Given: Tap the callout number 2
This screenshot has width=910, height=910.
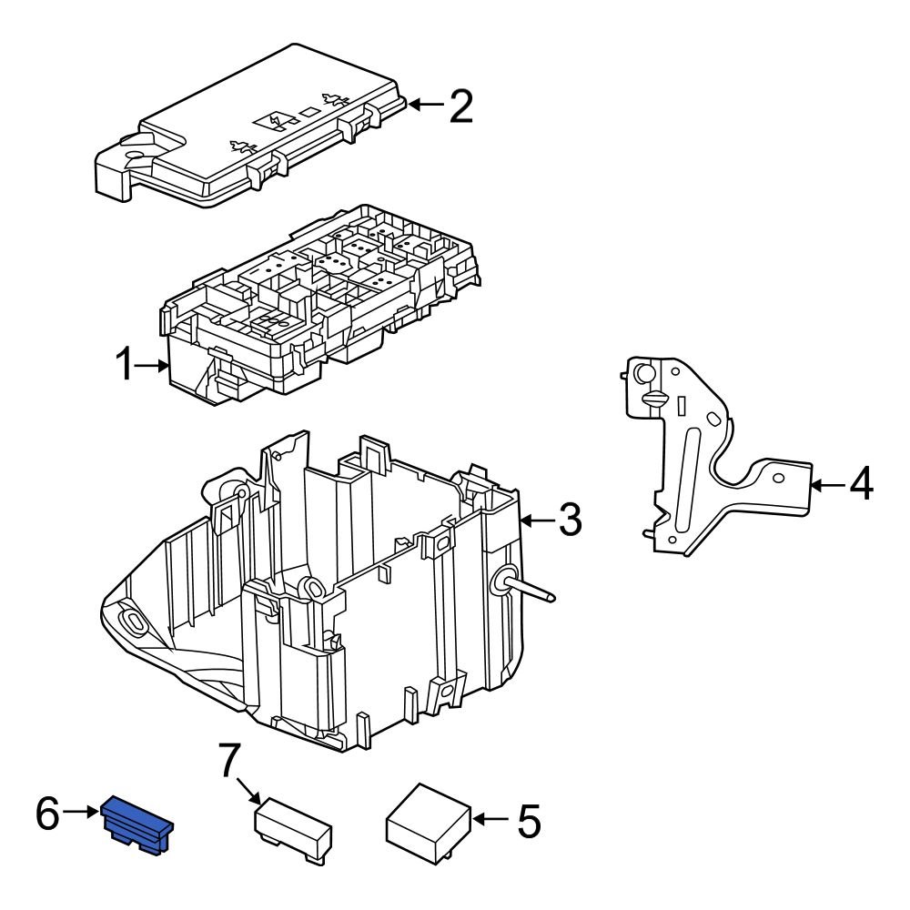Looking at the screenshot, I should pyautogui.click(x=460, y=106).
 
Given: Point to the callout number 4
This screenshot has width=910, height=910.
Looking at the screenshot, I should pyautogui.click(x=860, y=484).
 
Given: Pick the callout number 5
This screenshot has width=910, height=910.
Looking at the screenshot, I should pyautogui.click(x=528, y=821).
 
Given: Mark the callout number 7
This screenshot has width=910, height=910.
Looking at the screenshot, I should pyautogui.click(x=229, y=760).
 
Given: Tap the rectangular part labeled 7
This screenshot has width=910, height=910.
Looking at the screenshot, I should pyautogui.click(x=291, y=829).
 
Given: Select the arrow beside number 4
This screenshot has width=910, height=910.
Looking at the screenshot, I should pyautogui.click(x=825, y=484).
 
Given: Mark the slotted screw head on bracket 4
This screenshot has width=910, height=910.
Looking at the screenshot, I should pyautogui.click(x=655, y=398).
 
